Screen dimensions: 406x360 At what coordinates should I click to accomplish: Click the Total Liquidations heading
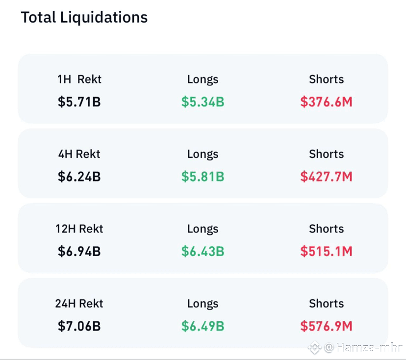click(84, 18)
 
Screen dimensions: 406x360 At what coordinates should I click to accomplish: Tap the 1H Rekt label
click(79, 79)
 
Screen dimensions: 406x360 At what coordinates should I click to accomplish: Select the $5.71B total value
click(79, 102)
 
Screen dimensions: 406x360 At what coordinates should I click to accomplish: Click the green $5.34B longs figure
click(203, 102)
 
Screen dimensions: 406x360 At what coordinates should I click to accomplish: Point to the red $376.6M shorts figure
click(326, 102)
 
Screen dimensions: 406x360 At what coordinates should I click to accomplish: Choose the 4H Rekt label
click(79, 154)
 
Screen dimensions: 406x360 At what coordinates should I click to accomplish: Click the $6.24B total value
click(79, 177)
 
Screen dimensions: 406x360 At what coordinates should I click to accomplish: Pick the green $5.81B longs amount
click(203, 177)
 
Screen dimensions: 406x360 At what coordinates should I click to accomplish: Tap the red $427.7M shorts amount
click(326, 177)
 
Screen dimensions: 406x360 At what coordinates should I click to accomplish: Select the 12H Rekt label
click(79, 229)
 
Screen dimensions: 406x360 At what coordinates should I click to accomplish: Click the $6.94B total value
click(79, 251)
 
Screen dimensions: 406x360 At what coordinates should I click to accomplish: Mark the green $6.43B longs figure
click(203, 251)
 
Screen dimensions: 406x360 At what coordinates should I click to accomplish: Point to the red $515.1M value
click(326, 251)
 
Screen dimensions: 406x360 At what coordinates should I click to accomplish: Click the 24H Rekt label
click(79, 303)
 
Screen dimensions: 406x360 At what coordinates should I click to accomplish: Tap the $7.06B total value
click(79, 326)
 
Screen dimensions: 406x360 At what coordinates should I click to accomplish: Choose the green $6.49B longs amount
click(203, 326)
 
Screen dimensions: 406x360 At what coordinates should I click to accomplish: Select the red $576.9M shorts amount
click(326, 326)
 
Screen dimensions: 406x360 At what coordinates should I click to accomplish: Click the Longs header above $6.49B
click(203, 304)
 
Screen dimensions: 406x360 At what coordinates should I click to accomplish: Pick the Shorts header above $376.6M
click(326, 79)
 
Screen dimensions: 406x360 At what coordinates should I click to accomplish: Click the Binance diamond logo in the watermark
click(315, 348)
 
